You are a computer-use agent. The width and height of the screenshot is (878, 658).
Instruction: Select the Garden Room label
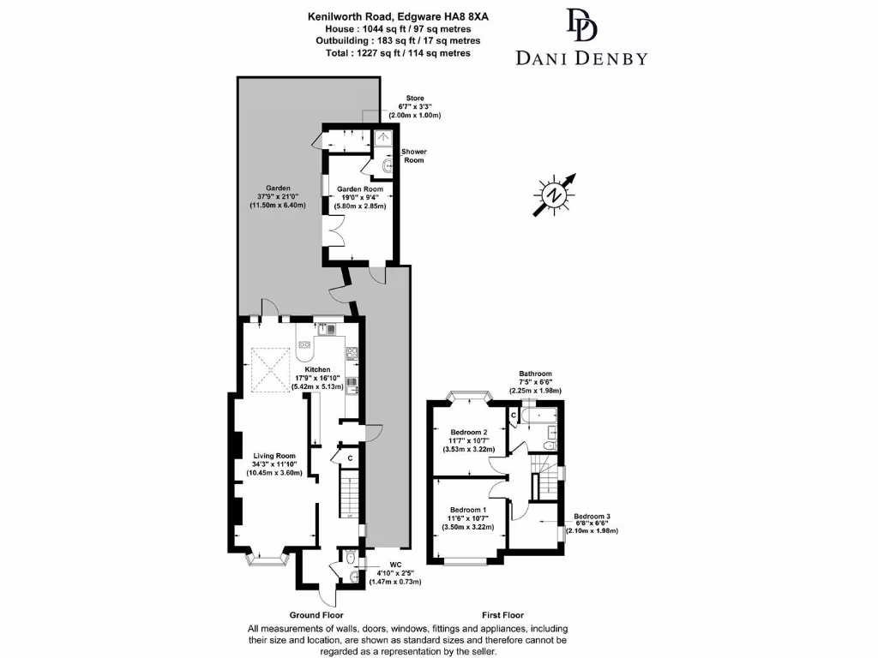(x=359, y=189)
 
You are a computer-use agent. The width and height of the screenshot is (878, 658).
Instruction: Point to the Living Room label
(x=274, y=456)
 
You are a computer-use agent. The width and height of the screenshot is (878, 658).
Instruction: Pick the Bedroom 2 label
(x=468, y=433)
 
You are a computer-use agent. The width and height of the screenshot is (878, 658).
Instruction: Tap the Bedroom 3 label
(x=592, y=517)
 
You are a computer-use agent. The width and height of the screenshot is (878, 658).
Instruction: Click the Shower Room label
(x=415, y=156)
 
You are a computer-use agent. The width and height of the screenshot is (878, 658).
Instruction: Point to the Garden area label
(x=277, y=188)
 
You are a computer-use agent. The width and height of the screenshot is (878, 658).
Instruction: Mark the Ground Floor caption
(x=316, y=615)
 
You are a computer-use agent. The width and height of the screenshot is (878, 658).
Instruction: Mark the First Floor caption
(x=502, y=615)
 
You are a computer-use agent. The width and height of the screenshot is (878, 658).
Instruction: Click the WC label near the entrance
(x=395, y=564)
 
